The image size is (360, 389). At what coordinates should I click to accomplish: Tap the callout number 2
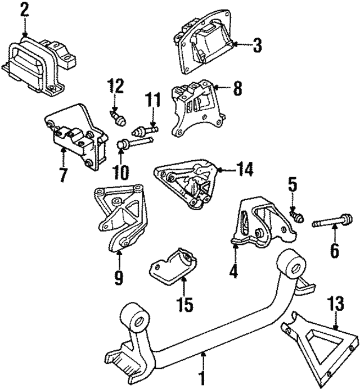[x=24, y=10]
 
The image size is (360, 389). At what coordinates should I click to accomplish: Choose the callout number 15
[x=185, y=304]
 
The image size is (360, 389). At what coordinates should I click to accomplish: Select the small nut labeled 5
[x=298, y=215]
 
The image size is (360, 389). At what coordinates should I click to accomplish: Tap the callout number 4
[x=233, y=272]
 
